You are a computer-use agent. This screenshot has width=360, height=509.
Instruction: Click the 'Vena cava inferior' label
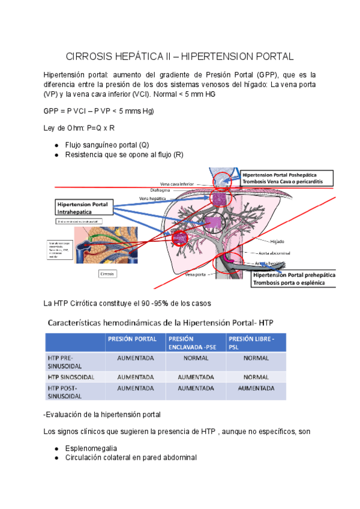178,184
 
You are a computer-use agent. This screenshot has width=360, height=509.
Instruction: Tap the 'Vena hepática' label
152,198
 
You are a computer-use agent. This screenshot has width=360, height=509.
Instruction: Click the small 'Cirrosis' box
108,274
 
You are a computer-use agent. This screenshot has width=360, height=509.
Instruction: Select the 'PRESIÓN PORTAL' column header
133,339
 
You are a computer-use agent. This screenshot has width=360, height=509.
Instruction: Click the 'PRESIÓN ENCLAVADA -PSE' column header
196,342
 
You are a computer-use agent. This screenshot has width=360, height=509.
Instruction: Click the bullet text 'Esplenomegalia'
91,448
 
